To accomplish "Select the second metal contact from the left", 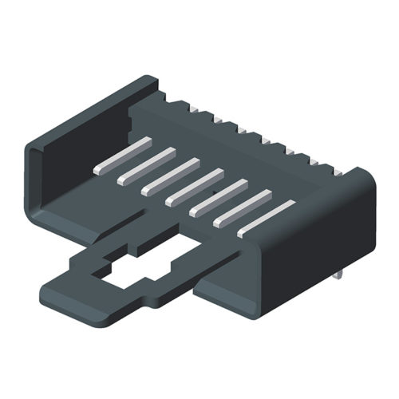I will (146, 166).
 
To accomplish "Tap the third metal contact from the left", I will (170, 176).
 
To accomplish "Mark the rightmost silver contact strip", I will (267, 218).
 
